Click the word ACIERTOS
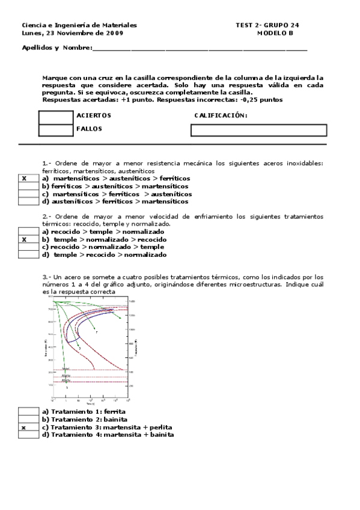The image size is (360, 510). pyautogui.click(x=93, y=115)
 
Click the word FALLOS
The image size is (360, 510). pyautogui.click(x=89, y=129)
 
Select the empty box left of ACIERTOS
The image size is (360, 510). pyautogui.click(x=56, y=116)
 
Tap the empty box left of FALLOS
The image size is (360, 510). pyautogui.click(x=56, y=130)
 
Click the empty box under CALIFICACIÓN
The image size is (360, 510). pyautogui.click(x=258, y=131)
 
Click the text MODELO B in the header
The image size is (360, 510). pyautogui.click(x=275, y=33)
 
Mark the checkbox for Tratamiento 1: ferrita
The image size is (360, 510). pyautogui.click(x=29, y=411)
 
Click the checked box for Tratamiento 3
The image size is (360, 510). pyautogui.click(x=29, y=427)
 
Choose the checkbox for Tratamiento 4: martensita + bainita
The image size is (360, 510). pyautogui.click(x=29, y=434)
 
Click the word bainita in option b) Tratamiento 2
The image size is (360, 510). pyautogui.click(x=114, y=419)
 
